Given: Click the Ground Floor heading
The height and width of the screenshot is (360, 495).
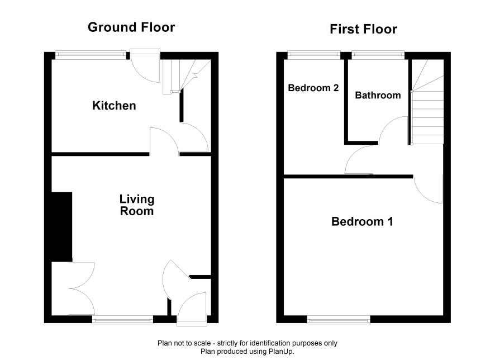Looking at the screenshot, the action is click(131, 27).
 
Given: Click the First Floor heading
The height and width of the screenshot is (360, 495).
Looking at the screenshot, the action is click(363, 29).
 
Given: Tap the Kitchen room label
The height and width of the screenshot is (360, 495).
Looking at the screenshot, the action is click(115, 106).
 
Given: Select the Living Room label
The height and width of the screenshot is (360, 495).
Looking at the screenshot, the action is click(137, 205).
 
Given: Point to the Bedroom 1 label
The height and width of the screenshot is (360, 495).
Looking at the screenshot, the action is click(363, 221).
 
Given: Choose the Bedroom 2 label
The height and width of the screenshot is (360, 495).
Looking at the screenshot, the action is click(313, 87).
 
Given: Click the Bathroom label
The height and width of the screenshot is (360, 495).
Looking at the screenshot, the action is click(378, 95).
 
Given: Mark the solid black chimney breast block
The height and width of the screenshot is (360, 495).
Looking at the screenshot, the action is click(62, 227).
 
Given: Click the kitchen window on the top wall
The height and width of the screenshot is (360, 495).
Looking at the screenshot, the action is click(91, 55).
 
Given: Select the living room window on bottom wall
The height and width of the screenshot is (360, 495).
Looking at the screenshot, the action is click(122, 320).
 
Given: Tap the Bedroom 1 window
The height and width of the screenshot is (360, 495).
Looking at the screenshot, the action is click(339, 320).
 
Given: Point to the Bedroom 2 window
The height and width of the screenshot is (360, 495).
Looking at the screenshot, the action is click(314, 55).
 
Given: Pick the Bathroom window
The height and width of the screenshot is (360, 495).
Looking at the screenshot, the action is click(378, 55).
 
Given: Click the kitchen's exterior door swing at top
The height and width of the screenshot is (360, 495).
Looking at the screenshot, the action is click(145, 66).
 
